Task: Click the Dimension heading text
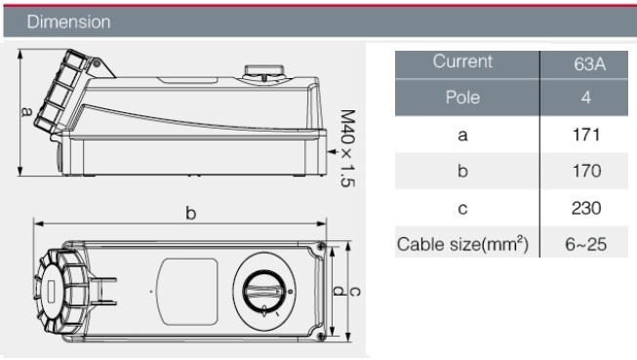click(x=68, y=21)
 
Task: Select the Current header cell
click(x=462, y=61)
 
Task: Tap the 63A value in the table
click(x=590, y=64)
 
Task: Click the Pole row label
click(x=462, y=98)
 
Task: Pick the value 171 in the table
click(x=586, y=135)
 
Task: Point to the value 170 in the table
click(x=586, y=171)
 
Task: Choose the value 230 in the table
click(x=586, y=208)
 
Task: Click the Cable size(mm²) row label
click(x=462, y=245)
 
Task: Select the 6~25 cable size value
click(x=586, y=245)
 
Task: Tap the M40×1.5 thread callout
click(x=347, y=148)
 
